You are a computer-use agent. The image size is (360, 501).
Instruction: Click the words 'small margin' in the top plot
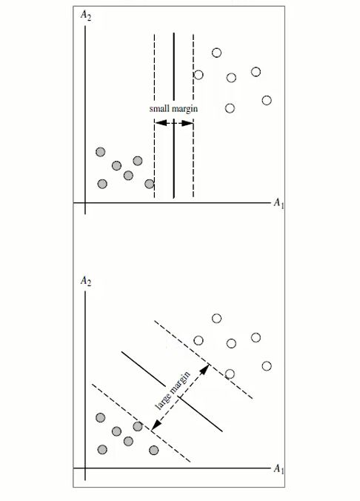[x=173, y=109]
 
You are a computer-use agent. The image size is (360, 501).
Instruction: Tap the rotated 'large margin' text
[x=173, y=391]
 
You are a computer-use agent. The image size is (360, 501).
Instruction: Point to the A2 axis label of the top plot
[x=86, y=15]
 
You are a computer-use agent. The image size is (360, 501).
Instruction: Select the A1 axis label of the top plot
[x=279, y=203]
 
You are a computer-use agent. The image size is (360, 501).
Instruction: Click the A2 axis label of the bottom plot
[x=86, y=281]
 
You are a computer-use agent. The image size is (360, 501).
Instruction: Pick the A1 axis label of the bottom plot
[x=279, y=468]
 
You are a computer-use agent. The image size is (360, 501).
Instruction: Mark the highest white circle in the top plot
[x=216, y=53]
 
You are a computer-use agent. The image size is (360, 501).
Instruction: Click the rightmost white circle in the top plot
[x=267, y=100]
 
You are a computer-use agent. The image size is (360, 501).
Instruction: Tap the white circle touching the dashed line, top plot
[x=199, y=75]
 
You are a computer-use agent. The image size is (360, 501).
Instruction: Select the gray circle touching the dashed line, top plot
[x=149, y=184]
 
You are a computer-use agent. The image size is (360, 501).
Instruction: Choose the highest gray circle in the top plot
[x=100, y=152]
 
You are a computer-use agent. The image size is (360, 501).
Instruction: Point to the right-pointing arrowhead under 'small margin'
[x=187, y=123]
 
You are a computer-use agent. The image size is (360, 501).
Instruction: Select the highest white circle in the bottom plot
[x=216, y=319]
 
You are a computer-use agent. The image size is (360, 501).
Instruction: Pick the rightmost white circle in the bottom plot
[x=267, y=366]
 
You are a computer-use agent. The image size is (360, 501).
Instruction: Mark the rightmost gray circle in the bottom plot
[x=153, y=450]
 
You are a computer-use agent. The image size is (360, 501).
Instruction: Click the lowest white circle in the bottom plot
[x=230, y=374]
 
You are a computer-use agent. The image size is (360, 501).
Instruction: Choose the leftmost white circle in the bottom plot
[x=199, y=341]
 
